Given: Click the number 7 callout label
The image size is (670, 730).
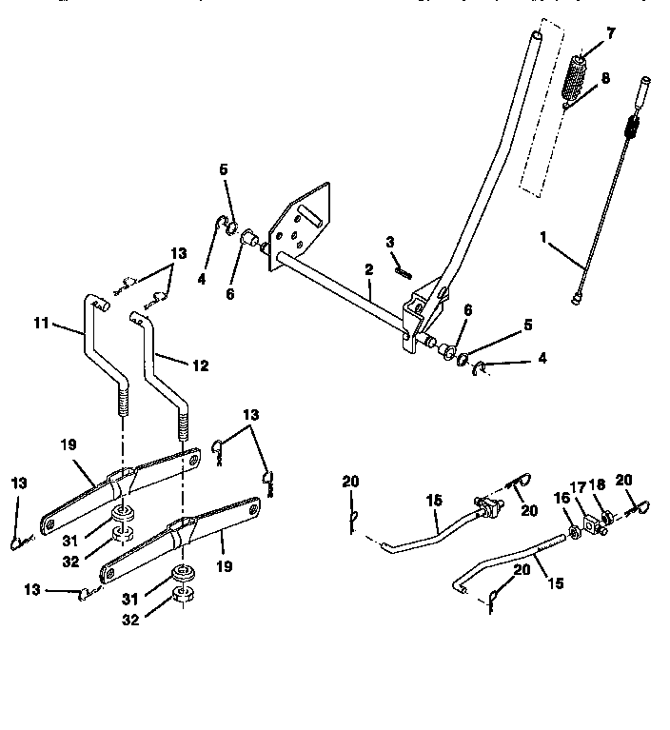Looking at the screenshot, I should (610, 33).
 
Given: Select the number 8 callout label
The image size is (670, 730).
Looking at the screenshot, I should (606, 79).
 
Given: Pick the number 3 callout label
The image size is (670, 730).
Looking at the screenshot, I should (390, 242).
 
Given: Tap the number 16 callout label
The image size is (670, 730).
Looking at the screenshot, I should (561, 498).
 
